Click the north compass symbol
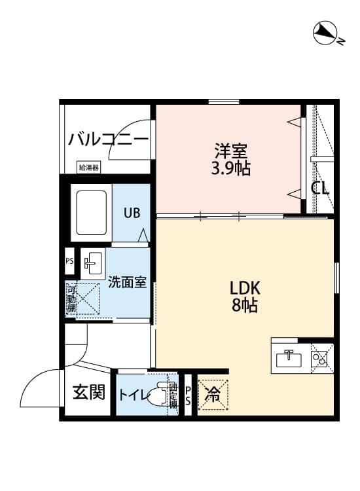click(324, 33)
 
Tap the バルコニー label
click(108, 139)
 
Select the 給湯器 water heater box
click(89, 168)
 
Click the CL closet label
click(319, 189)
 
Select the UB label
click(132, 213)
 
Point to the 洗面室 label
click(127, 283)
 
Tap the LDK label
click(245, 287)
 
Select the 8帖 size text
click(245, 305)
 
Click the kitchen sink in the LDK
click(289, 359)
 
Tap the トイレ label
click(132, 395)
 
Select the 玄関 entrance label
click(88, 392)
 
